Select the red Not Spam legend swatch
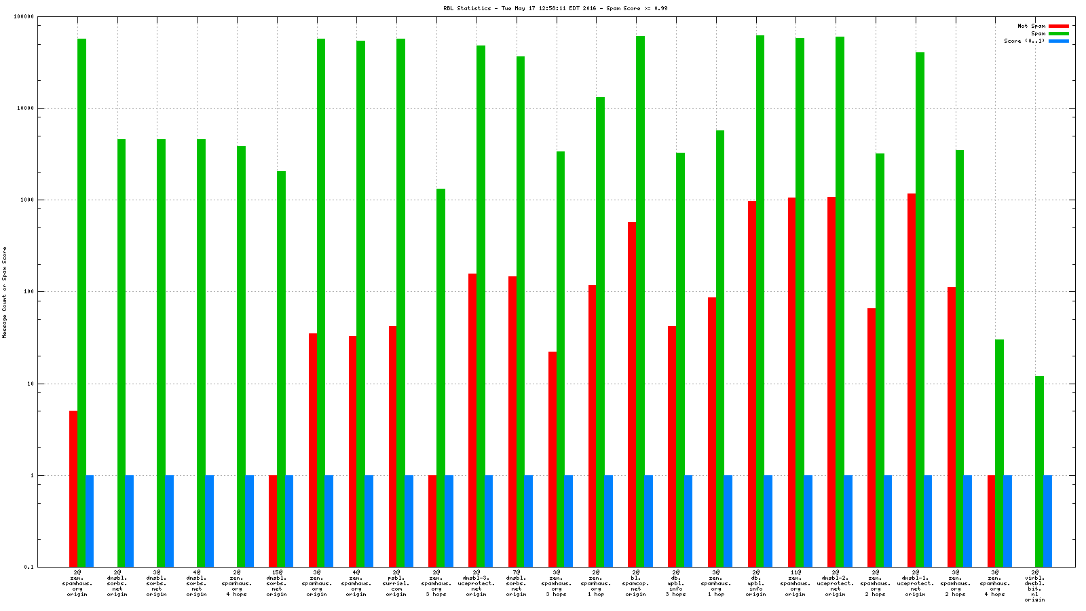[x=1058, y=26]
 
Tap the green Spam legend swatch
[x=1058, y=33]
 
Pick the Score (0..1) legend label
[x=1024, y=41]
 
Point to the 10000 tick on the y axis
[x=26, y=108]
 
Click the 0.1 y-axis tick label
[x=29, y=567]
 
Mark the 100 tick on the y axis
[x=29, y=292]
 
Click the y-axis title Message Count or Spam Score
[x=5, y=292]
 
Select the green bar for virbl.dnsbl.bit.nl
[x=1039, y=471]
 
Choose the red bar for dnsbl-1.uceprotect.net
[x=912, y=380]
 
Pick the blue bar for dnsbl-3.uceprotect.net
[x=489, y=521]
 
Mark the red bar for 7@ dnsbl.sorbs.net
[x=512, y=421]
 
